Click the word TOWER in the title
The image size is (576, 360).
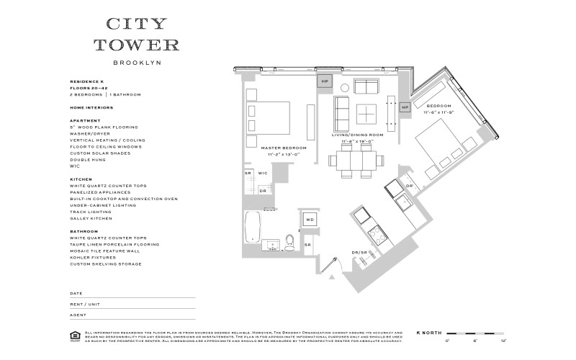pos(137,45)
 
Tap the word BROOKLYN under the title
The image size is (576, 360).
pos(137,63)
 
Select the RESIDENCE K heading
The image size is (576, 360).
pos(86,82)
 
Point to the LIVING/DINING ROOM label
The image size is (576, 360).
pos(357,135)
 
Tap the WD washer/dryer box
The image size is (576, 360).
pos(310,220)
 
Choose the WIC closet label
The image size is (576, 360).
pos(263,173)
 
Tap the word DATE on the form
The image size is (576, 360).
pos(76,294)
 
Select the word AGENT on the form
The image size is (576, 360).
pos(77,314)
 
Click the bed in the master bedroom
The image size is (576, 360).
pos(269,118)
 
